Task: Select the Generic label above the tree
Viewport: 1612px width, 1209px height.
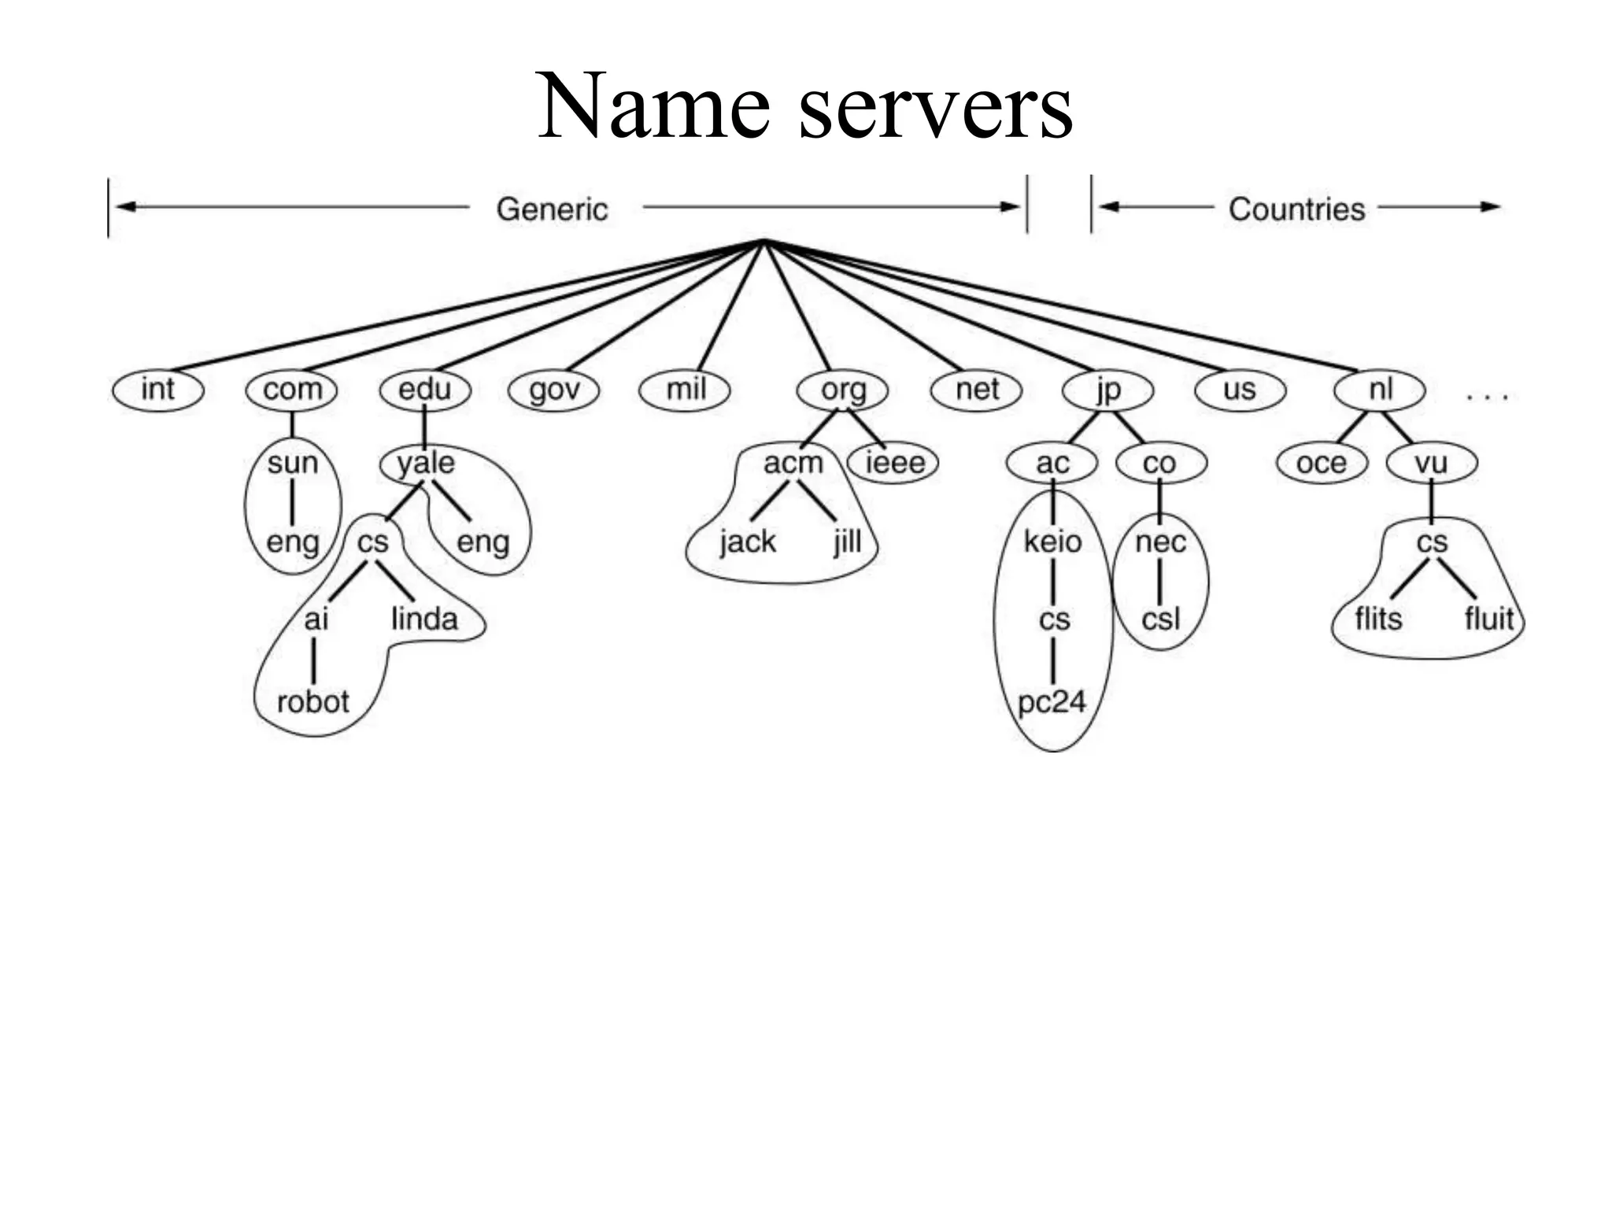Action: (x=552, y=209)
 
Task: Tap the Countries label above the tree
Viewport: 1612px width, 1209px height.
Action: (x=1296, y=209)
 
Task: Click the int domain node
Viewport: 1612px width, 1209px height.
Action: (x=157, y=390)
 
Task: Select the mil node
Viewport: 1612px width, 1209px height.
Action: (x=685, y=390)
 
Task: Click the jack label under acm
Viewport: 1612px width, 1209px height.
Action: (x=747, y=542)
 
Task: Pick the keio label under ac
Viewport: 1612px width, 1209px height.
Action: (x=1052, y=542)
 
